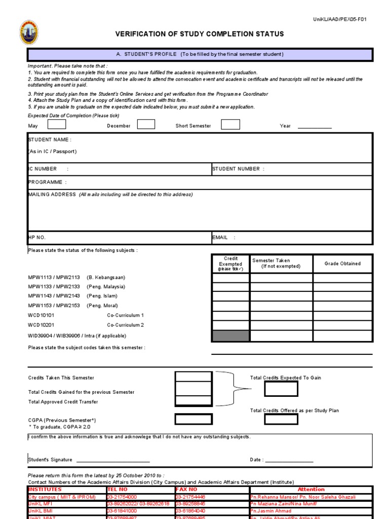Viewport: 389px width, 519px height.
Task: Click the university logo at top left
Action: pos(28,33)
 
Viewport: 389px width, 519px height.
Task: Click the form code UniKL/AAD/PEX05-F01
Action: pos(340,19)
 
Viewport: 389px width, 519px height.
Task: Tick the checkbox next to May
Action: pos(56,125)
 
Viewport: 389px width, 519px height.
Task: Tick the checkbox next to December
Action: pos(146,125)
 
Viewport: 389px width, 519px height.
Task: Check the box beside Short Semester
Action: pos(230,125)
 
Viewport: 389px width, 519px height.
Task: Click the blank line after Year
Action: pos(315,126)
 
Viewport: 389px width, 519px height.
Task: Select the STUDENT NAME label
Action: pos(50,139)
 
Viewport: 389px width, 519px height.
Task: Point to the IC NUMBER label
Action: pos(43,169)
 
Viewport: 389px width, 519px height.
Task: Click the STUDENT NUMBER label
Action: pos(236,169)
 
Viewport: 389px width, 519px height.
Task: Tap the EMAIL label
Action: pos(220,237)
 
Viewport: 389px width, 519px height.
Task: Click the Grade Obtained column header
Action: pos(342,264)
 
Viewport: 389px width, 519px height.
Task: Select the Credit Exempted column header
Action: pos(230,264)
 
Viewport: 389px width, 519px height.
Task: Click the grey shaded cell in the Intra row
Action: pos(230,336)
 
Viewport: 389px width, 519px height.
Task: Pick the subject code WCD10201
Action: pos(41,325)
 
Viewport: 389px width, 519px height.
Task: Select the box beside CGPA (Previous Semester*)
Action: pos(193,419)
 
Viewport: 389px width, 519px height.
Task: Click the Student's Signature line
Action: pos(111,460)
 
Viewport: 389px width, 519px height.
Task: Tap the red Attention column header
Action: pos(311,490)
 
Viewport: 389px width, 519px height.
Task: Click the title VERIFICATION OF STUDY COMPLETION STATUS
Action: pos(200,34)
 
